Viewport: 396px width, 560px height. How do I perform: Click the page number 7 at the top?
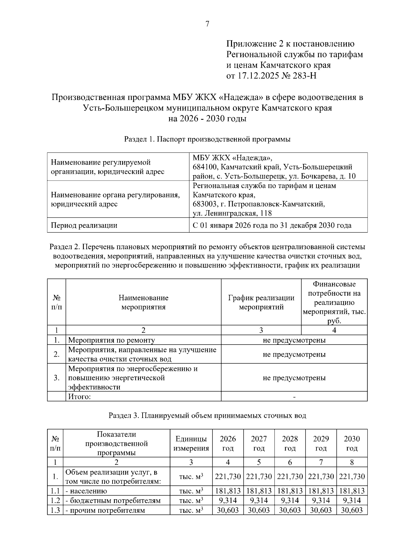tap(207, 24)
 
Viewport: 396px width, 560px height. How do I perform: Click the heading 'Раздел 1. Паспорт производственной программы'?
tap(207, 139)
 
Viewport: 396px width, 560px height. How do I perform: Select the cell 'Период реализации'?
tap(84, 225)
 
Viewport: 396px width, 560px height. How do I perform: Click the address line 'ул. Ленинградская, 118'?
tap(232, 213)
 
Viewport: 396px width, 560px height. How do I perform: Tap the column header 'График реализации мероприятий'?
tap(261, 302)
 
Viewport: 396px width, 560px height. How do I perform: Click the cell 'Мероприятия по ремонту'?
tap(111, 340)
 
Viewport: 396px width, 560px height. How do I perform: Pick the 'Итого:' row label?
tap(79, 396)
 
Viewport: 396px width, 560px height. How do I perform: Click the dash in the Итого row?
tap(294, 397)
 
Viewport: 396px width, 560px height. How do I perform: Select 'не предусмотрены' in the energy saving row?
tap(294, 378)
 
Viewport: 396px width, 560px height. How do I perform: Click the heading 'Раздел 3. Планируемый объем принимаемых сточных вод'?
tap(207, 415)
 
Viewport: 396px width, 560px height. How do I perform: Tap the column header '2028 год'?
tap(290, 443)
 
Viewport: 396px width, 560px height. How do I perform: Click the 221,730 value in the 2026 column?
tap(228, 477)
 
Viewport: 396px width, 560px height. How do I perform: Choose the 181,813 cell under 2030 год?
tap(352, 491)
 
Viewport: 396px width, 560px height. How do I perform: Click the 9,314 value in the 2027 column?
tap(259, 501)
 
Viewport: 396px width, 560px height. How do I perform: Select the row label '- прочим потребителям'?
tap(105, 510)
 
